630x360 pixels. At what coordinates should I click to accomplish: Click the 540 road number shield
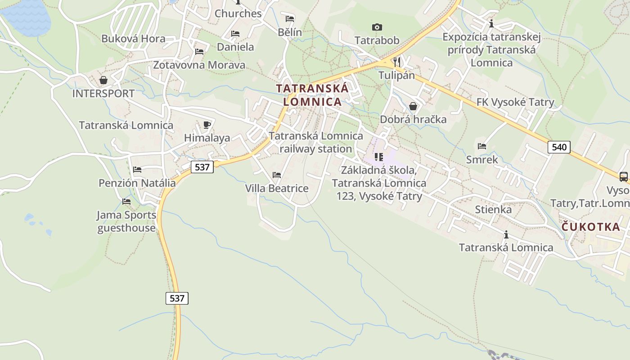pos(559,147)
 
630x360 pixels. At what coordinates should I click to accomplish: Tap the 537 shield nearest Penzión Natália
pos(202,167)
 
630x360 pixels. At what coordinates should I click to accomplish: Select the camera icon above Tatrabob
pos(377,27)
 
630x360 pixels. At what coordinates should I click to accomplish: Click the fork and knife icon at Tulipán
pos(396,62)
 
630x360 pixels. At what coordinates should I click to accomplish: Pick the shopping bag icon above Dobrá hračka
pos(413,106)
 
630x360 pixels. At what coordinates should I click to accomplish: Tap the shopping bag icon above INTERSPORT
pos(103,80)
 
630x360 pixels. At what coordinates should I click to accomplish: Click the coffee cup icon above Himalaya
pos(207,125)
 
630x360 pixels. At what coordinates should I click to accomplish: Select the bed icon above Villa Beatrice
pos(277,175)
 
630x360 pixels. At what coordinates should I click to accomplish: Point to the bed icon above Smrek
pos(482,146)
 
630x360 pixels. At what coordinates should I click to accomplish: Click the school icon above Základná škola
pos(379,157)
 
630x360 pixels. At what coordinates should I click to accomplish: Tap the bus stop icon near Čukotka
pos(623,177)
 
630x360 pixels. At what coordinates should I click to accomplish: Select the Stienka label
pos(493,210)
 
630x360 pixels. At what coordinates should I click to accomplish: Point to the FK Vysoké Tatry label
pos(515,102)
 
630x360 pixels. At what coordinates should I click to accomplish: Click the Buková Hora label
pos(133,39)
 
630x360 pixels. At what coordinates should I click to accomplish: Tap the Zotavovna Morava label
pos(199,65)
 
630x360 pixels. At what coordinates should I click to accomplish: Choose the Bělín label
pos(290,32)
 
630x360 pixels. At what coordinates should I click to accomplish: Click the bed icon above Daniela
pos(235,34)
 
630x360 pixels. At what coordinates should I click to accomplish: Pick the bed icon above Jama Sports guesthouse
pos(126,202)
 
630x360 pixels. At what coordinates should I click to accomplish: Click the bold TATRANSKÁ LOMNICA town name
pos(312,95)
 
